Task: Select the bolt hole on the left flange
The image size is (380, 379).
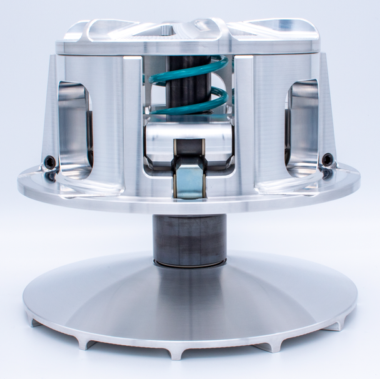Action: [49, 163]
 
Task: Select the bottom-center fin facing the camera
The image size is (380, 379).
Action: [177, 353]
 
